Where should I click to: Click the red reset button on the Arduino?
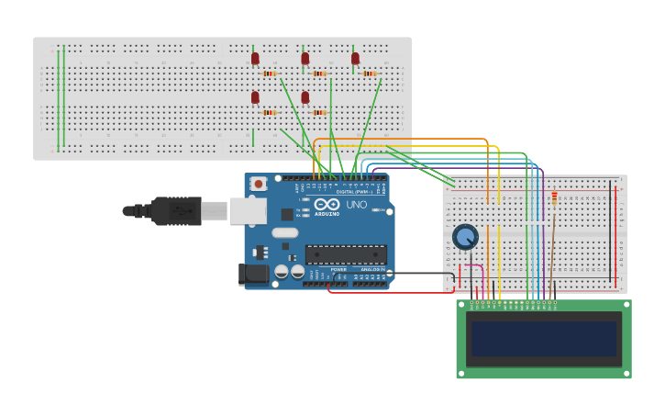click(x=259, y=184)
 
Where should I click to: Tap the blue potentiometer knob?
click(x=465, y=237)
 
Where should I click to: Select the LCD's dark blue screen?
click(x=544, y=338)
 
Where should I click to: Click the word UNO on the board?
click(x=356, y=205)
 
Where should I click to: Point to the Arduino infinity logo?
click(x=327, y=205)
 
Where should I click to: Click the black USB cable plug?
click(x=174, y=210)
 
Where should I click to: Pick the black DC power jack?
click(x=254, y=274)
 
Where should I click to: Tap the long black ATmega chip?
click(x=346, y=254)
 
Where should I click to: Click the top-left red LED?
click(x=255, y=59)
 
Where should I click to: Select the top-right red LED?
click(x=355, y=59)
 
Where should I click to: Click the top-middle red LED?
click(x=305, y=59)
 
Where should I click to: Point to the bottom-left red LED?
click(x=255, y=97)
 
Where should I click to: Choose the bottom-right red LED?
click(x=305, y=97)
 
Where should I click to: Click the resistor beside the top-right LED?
click(x=370, y=73)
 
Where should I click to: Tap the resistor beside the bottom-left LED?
click(x=270, y=112)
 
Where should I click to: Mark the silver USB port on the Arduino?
click(x=247, y=211)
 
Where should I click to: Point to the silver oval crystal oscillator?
click(x=285, y=233)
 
